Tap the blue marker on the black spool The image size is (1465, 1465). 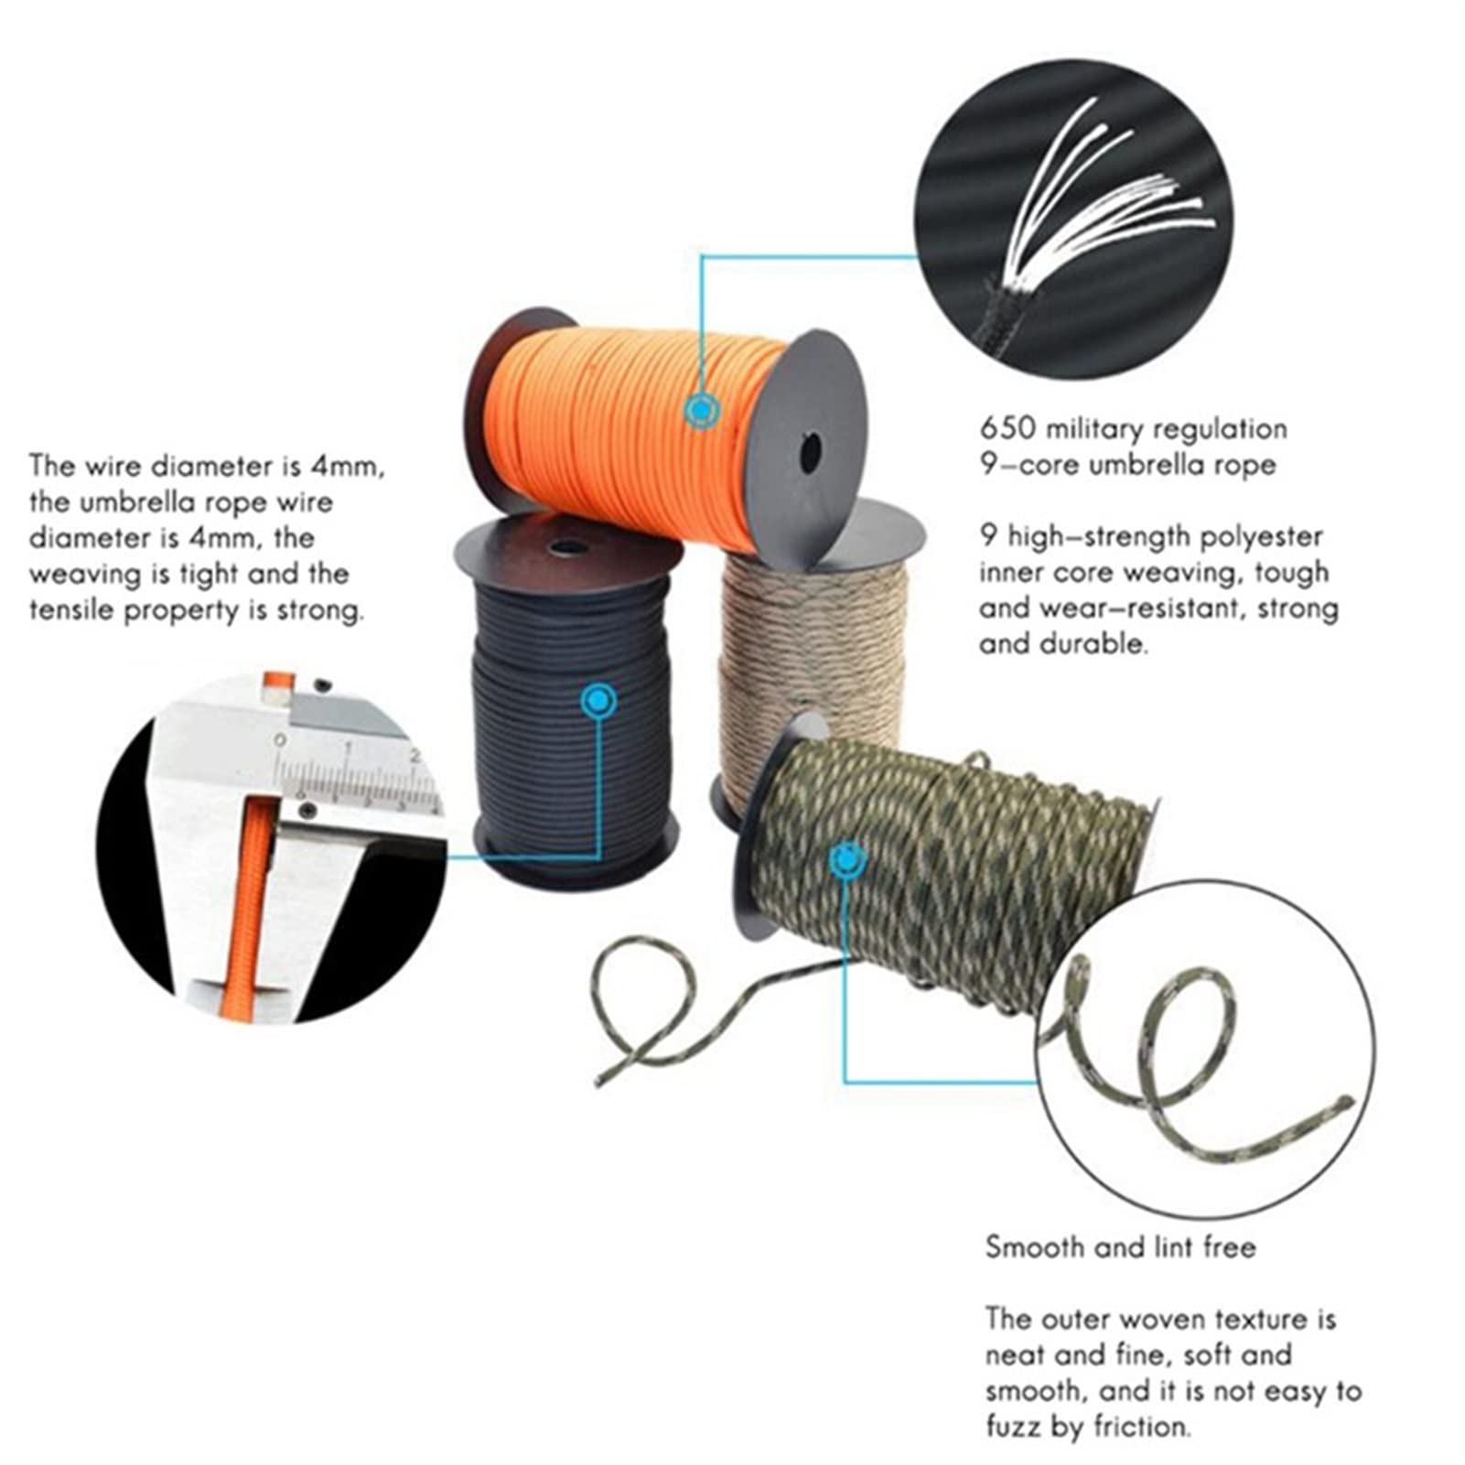tap(598, 702)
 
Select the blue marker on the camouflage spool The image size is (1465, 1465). tap(848, 860)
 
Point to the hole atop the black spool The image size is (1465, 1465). tap(562, 547)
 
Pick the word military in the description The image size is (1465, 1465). tap(1094, 429)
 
